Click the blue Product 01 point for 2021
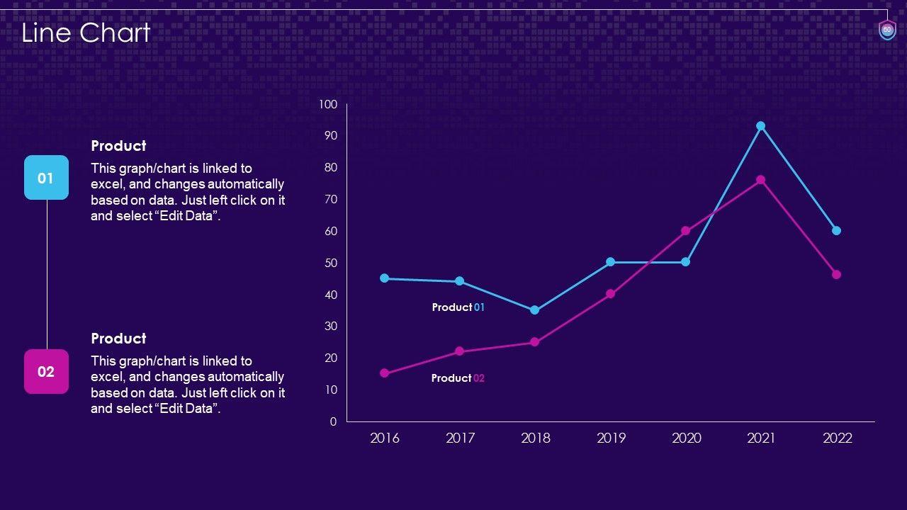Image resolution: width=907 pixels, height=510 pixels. pos(761,126)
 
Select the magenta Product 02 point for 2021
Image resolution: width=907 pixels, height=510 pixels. pos(761,180)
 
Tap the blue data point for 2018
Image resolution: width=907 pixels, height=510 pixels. pos(535,310)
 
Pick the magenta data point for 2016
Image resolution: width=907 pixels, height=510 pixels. pos(385,373)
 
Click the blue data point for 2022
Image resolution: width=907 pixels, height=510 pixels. pos(836,230)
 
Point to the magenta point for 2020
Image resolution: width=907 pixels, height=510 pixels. pos(686,231)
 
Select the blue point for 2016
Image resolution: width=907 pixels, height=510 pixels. pos(385,278)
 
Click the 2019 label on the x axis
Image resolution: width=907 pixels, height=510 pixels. pos(611,438)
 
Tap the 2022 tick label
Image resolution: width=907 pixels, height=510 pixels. pos(837,438)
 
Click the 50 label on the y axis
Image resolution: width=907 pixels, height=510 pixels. pos(330,263)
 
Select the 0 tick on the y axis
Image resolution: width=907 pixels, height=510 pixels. pos(333,421)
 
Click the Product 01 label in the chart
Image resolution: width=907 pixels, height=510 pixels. pos(458,307)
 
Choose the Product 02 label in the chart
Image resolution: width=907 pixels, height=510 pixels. pos(458,378)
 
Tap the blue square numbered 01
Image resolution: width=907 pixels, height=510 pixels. pos(46,178)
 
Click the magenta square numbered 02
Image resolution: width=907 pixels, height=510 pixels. pos(46,371)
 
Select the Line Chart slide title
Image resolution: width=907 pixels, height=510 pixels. pos(86,33)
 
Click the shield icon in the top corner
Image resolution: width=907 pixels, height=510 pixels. pos(887,30)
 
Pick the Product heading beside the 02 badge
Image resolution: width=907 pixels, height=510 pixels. pos(118,339)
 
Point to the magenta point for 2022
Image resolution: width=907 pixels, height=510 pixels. pos(836,274)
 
